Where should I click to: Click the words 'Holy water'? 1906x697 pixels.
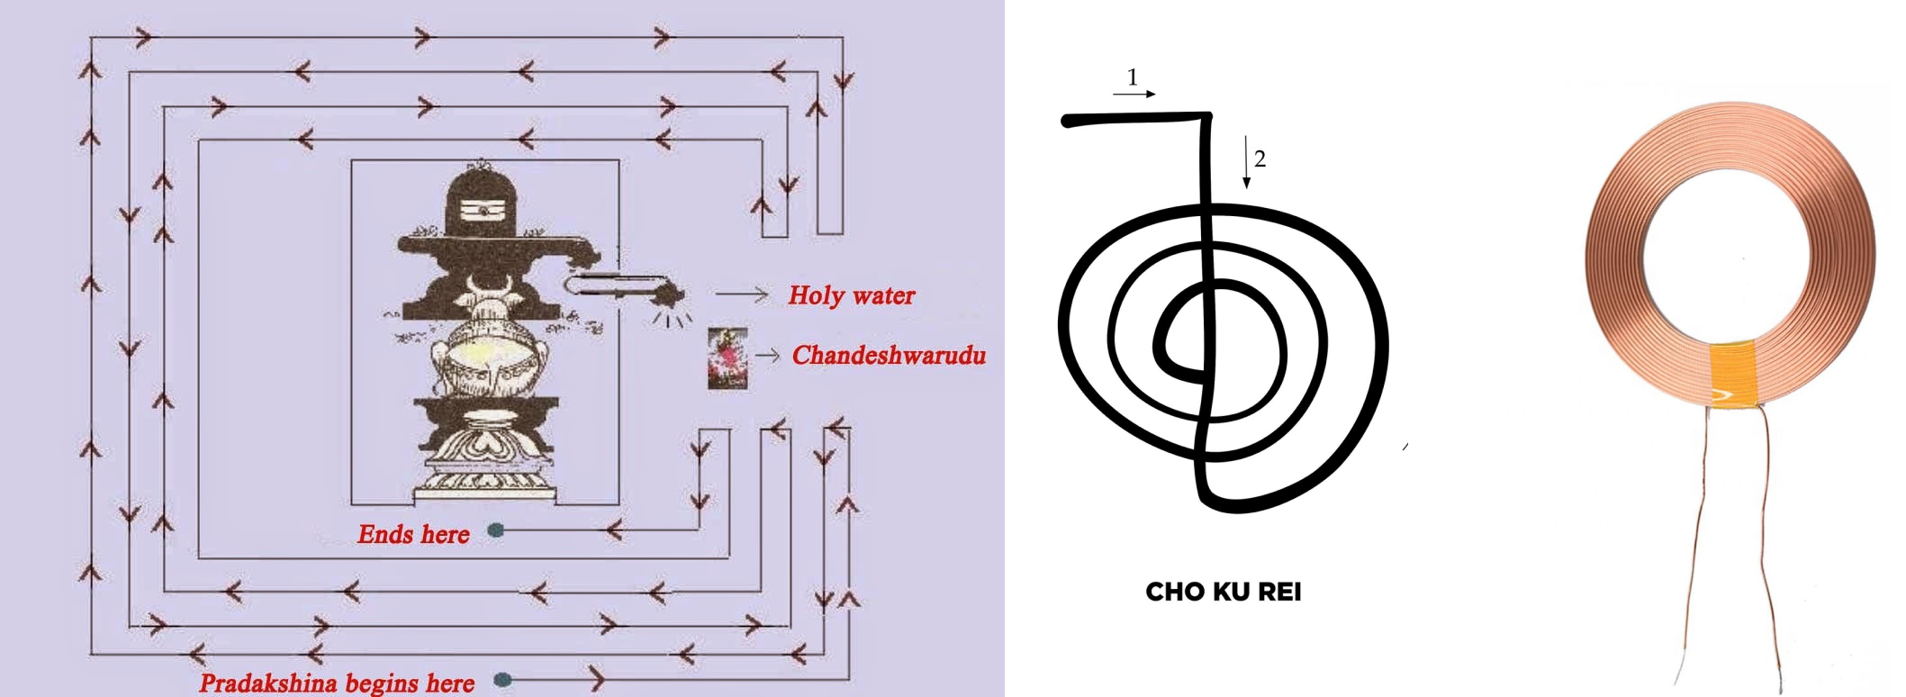click(851, 295)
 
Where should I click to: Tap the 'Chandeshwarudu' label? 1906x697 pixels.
click(889, 356)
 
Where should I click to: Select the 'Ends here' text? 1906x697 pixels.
click(413, 535)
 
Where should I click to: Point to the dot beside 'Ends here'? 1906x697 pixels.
click(495, 530)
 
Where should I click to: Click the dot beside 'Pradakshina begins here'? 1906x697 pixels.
click(503, 679)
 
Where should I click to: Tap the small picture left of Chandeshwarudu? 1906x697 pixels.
click(727, 358)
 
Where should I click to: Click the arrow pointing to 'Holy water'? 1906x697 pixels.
click(742, 294)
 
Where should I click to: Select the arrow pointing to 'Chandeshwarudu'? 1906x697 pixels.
click(767, 356)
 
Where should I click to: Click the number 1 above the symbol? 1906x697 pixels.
click(1133, 77)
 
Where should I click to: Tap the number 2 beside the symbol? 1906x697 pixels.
click(1260, 159)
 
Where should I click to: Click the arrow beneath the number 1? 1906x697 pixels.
click(1134, 94)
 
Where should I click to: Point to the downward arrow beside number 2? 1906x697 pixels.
click(1246, 162)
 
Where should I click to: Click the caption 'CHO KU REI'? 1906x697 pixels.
click(1223, 592)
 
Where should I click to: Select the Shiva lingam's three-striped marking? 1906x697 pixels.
click(483, 211)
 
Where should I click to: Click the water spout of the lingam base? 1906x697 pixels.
click(621, 286)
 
